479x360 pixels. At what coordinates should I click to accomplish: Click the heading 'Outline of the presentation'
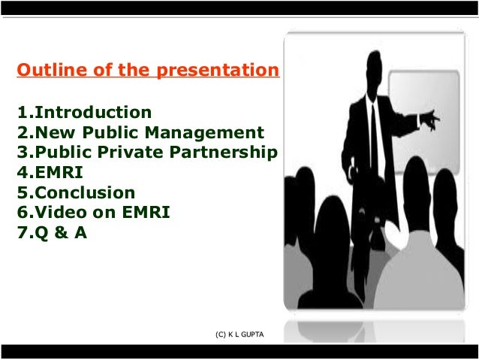[147, 71]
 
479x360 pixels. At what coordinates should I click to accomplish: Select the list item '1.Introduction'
[84, 113]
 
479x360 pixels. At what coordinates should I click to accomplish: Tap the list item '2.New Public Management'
[140, 133]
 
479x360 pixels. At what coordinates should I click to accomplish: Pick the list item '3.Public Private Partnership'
[147, 153]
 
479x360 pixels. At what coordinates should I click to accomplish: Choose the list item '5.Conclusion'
[76, 192]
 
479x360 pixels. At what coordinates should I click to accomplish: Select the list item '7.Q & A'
[52, 233]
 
